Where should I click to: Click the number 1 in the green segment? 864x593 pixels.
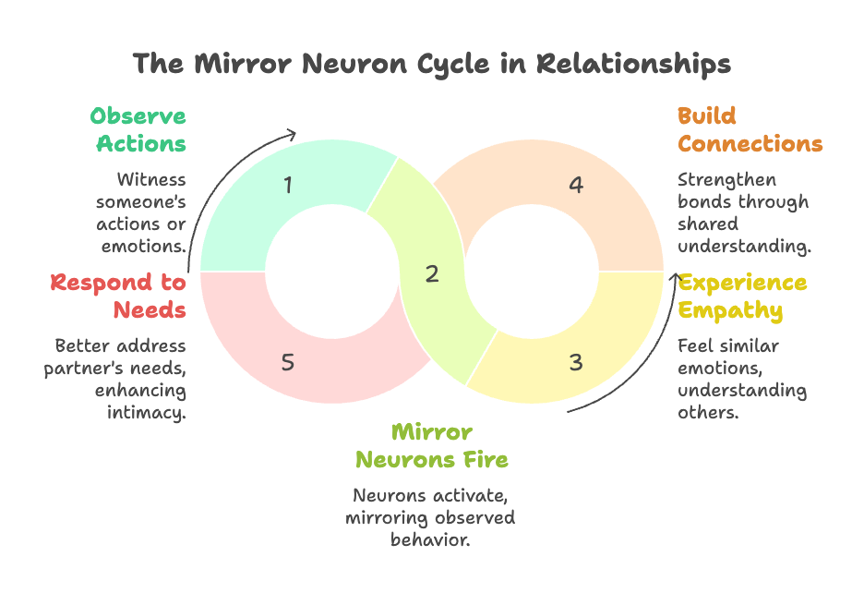coord(288,186)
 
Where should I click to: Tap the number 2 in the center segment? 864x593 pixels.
coord(431,273)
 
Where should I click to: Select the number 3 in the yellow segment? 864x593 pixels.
coord(576,362)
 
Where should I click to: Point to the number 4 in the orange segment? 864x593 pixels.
coord(576,186)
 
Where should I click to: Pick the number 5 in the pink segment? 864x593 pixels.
coord(288,362)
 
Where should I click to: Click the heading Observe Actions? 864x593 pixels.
coord(138,130)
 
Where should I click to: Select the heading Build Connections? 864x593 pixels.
coord(749,130)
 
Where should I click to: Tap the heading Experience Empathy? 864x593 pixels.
coord(742,296)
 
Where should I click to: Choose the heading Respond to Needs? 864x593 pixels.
coord(118,296)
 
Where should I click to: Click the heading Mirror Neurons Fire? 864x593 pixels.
coord(432,445)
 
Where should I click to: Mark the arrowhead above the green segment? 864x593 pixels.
coord(292,133)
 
